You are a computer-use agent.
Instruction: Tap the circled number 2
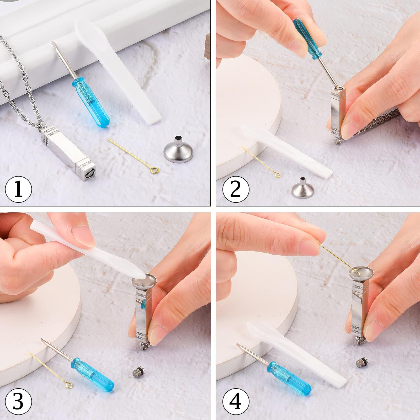[236, 189]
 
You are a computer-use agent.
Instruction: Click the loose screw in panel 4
[362, 362]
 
